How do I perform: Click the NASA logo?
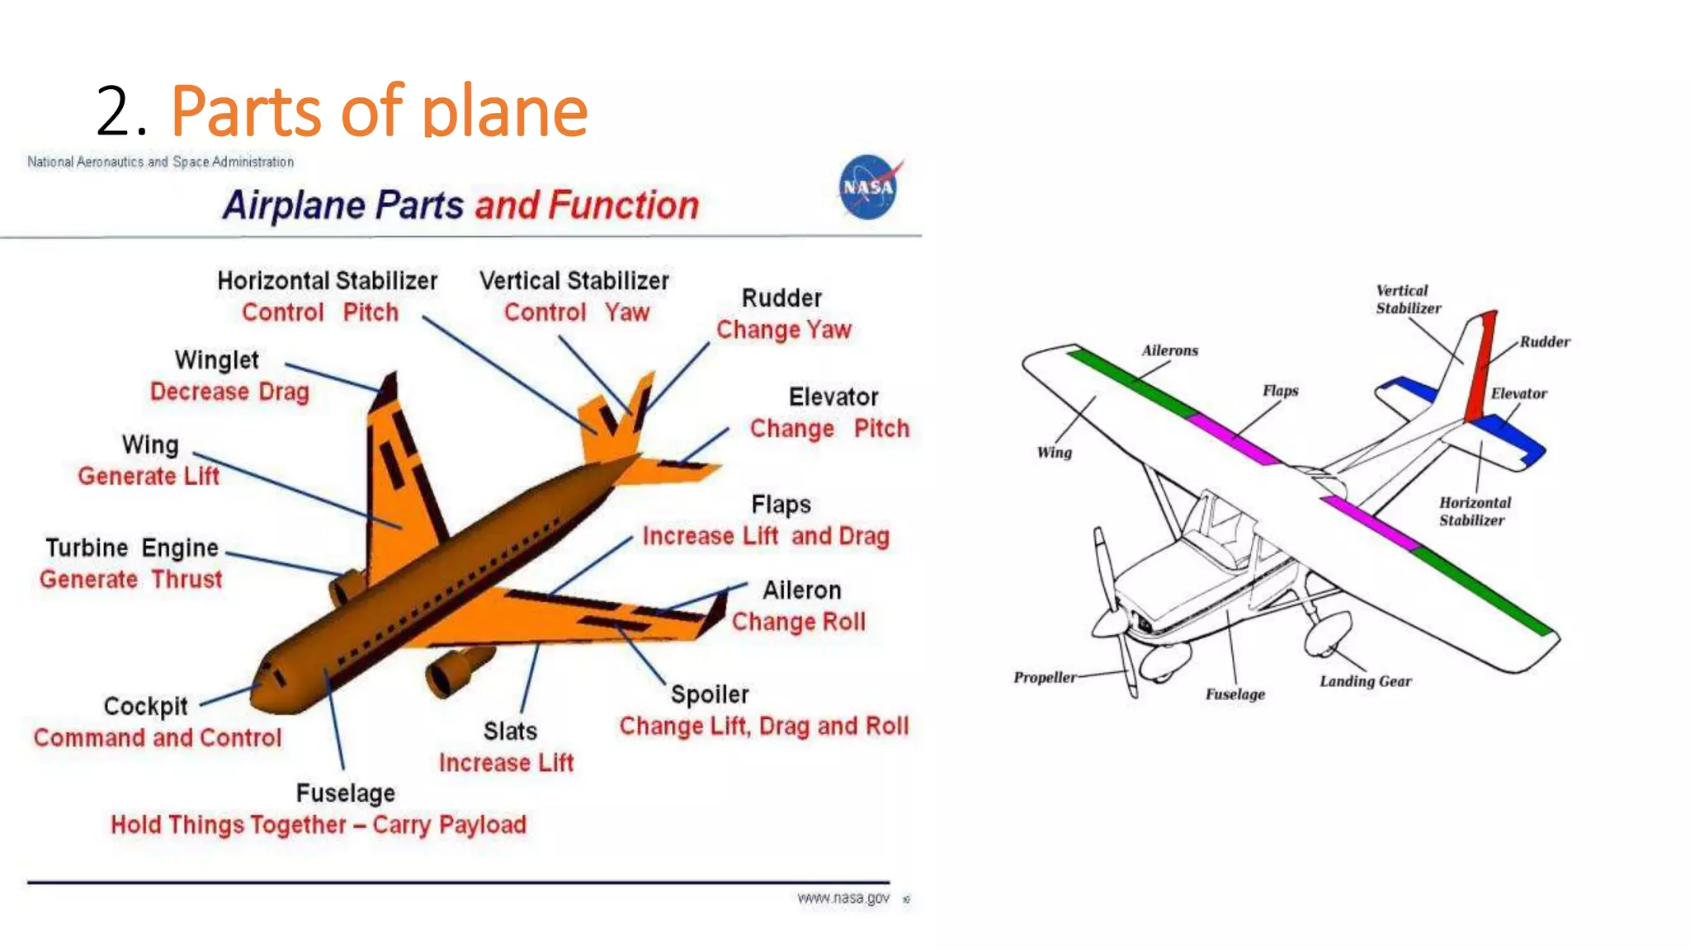pyautogui.click(x=868, y=187)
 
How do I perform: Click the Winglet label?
pyautogui.click(x=216, y=360)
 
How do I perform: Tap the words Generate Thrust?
pyautogui.click(x=131, y=579)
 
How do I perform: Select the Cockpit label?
pyautogui.click(x=146, y=706)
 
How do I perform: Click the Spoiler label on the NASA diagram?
pyautogui.click(x=710, y=694)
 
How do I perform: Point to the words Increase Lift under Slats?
pyautogui.click(x=506, y=763)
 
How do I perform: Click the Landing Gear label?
pyautogui.click(x=1365, y=681)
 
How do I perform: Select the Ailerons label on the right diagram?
pyautogui.click(x=1169, y=350)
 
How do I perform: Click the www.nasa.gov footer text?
pyautogui.click(x=843, y=898)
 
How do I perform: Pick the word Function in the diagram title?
pyautogui.click(x=624, y=205)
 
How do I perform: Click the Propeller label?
pyautogui.click(x=1045, y=677)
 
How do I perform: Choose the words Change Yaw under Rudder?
pyautogui.click(x=783, y=330)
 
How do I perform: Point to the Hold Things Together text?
pyautogui.click(x=229, y=825)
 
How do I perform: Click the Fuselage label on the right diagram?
pyautogui.click(x=1234, y=694)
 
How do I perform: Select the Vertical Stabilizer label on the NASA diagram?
pyautogui.click(x=574, y=281)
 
